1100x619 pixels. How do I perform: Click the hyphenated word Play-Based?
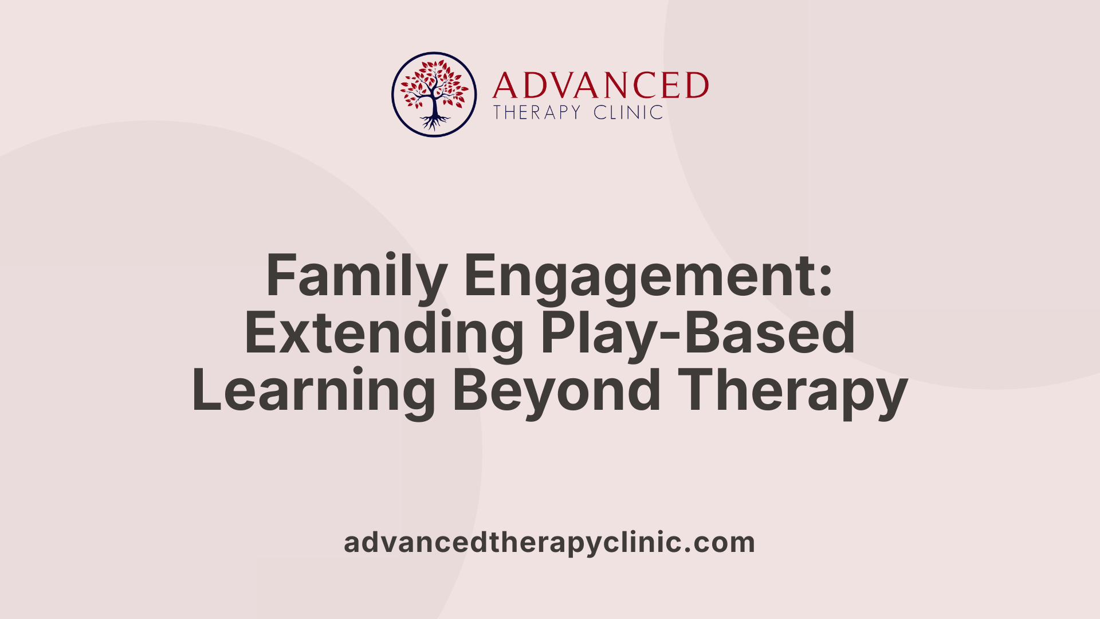698,334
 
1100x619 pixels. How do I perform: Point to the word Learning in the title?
313,391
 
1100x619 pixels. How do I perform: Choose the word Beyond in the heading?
557,391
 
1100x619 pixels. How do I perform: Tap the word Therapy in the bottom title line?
796,391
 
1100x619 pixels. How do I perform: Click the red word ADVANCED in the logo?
600,86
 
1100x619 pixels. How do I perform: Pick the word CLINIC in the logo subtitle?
628,112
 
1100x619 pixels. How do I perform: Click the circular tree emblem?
434,95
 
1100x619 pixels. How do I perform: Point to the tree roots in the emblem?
434,122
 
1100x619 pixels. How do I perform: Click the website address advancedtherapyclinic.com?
549,543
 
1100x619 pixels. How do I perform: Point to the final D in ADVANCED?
697,86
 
